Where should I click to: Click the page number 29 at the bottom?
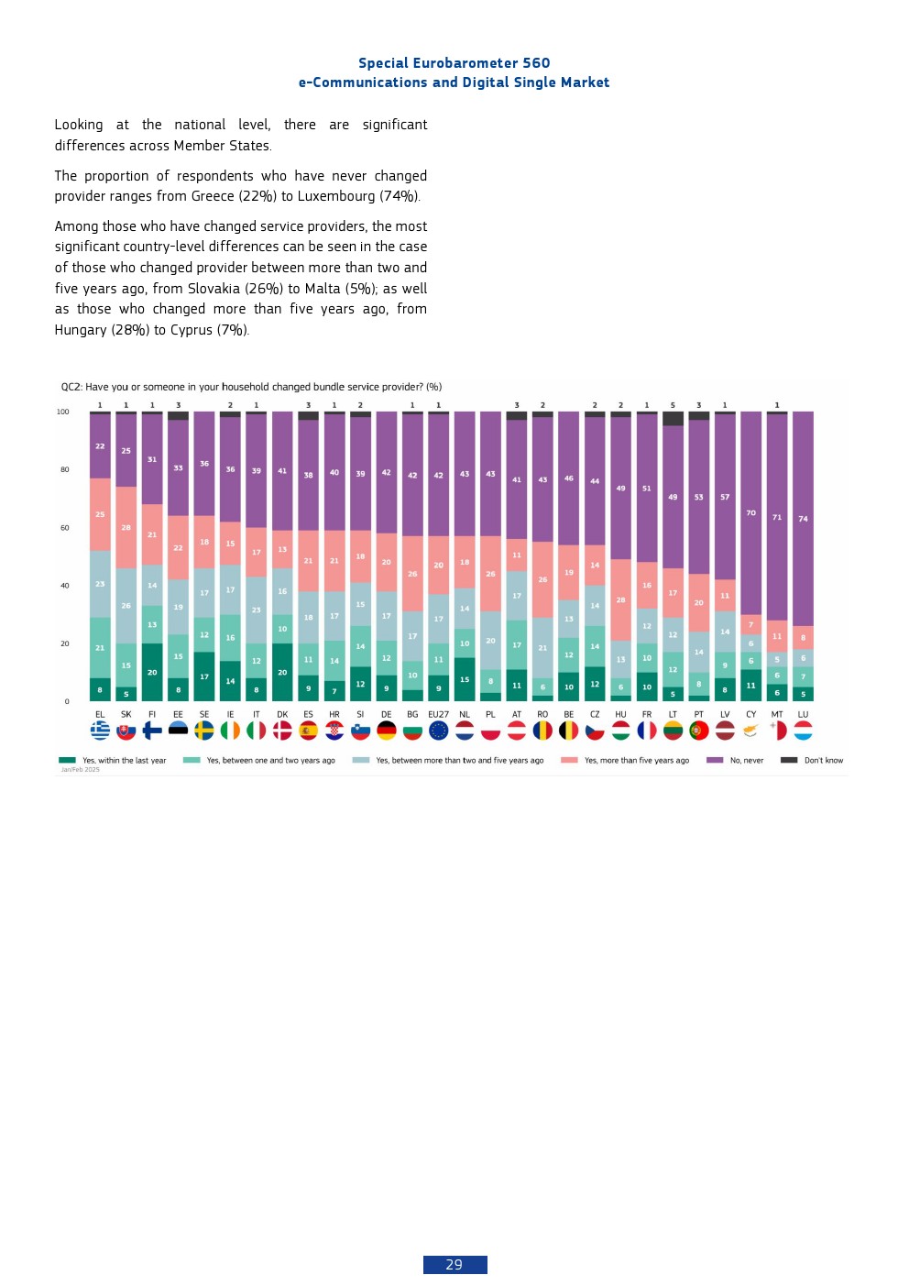click(454, 1265)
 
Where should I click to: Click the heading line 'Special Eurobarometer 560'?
click(454, 63)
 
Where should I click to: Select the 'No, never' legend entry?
click(746, 760)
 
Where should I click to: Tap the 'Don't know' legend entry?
click(823, 760)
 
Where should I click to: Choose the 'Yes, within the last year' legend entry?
click(124, 760)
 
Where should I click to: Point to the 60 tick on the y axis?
click(65, 528)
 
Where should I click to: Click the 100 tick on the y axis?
click(63, 412)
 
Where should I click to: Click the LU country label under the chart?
click(803, 714)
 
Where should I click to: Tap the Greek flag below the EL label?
click(100, 731)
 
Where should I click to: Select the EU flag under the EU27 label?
click(439, 731)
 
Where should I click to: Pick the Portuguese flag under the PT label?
click(699, 731)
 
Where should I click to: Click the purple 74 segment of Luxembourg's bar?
click(803, 519)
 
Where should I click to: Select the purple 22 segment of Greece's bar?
click(100, 446)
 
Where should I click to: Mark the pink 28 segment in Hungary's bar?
click(620, 599)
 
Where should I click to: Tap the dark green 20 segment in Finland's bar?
click(152, 672)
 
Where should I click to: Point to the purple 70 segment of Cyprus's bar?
click(750, 513)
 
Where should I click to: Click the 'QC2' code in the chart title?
click(70, 387)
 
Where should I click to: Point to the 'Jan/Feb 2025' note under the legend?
click(81, 770)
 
